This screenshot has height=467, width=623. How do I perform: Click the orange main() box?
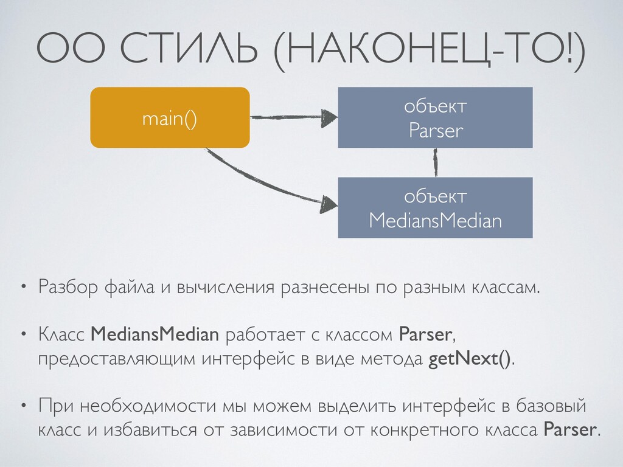(x=170, y=118)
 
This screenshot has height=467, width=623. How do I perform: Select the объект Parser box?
(x=435, y=118)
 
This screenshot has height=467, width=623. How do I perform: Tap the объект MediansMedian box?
(x=435, y=207)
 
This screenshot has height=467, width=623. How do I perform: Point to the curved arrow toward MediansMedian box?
(x=262, y=183)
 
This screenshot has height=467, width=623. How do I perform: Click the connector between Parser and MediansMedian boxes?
(x=436, y=162)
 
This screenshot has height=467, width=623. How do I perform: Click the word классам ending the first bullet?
(x=505, y=286)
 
